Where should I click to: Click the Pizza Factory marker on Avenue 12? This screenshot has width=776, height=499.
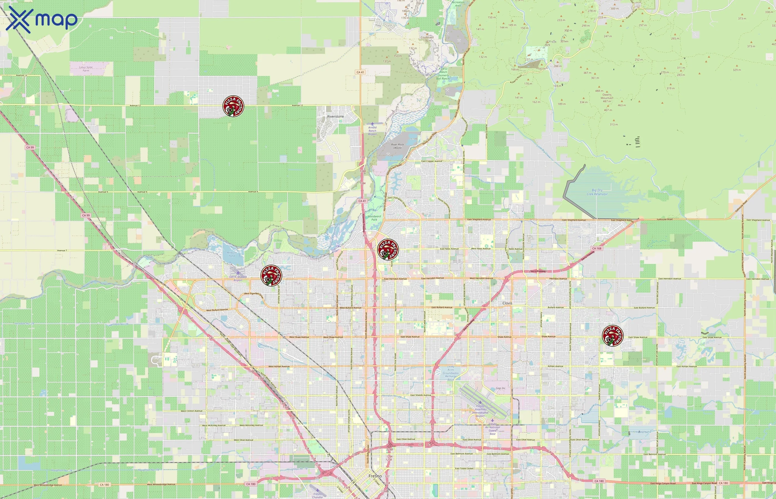[233, 106]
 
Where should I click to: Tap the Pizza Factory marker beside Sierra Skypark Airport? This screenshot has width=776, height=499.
[271, 276]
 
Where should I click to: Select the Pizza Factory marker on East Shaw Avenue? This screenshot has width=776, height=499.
[612, 336]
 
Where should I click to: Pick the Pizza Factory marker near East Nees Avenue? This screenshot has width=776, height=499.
[388, 249]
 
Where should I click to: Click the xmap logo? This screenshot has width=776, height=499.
[42, 20]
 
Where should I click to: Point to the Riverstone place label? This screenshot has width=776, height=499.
[335, 116]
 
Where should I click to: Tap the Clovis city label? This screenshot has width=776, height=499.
[507, 303]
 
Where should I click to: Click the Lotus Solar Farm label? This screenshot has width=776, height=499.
[86, 69]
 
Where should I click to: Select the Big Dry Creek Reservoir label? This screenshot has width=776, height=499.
[597, 192]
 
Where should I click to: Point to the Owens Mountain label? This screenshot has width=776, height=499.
[607, 98]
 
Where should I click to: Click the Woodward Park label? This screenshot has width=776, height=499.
[374, 218]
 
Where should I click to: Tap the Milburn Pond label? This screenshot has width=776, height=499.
[232, 254]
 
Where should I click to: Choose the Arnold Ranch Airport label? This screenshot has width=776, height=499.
[372, 131]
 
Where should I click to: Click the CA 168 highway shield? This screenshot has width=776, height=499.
[597, 248]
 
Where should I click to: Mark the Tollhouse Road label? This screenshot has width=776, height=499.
[664, 219]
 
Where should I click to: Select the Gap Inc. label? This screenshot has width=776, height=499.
[501, 388]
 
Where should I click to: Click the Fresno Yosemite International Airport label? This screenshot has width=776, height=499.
[480, 411]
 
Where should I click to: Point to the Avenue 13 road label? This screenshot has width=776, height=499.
[22, 75]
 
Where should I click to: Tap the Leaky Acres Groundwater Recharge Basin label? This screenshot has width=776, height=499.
[451, 373]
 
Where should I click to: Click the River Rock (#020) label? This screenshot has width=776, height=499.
[397, 146]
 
